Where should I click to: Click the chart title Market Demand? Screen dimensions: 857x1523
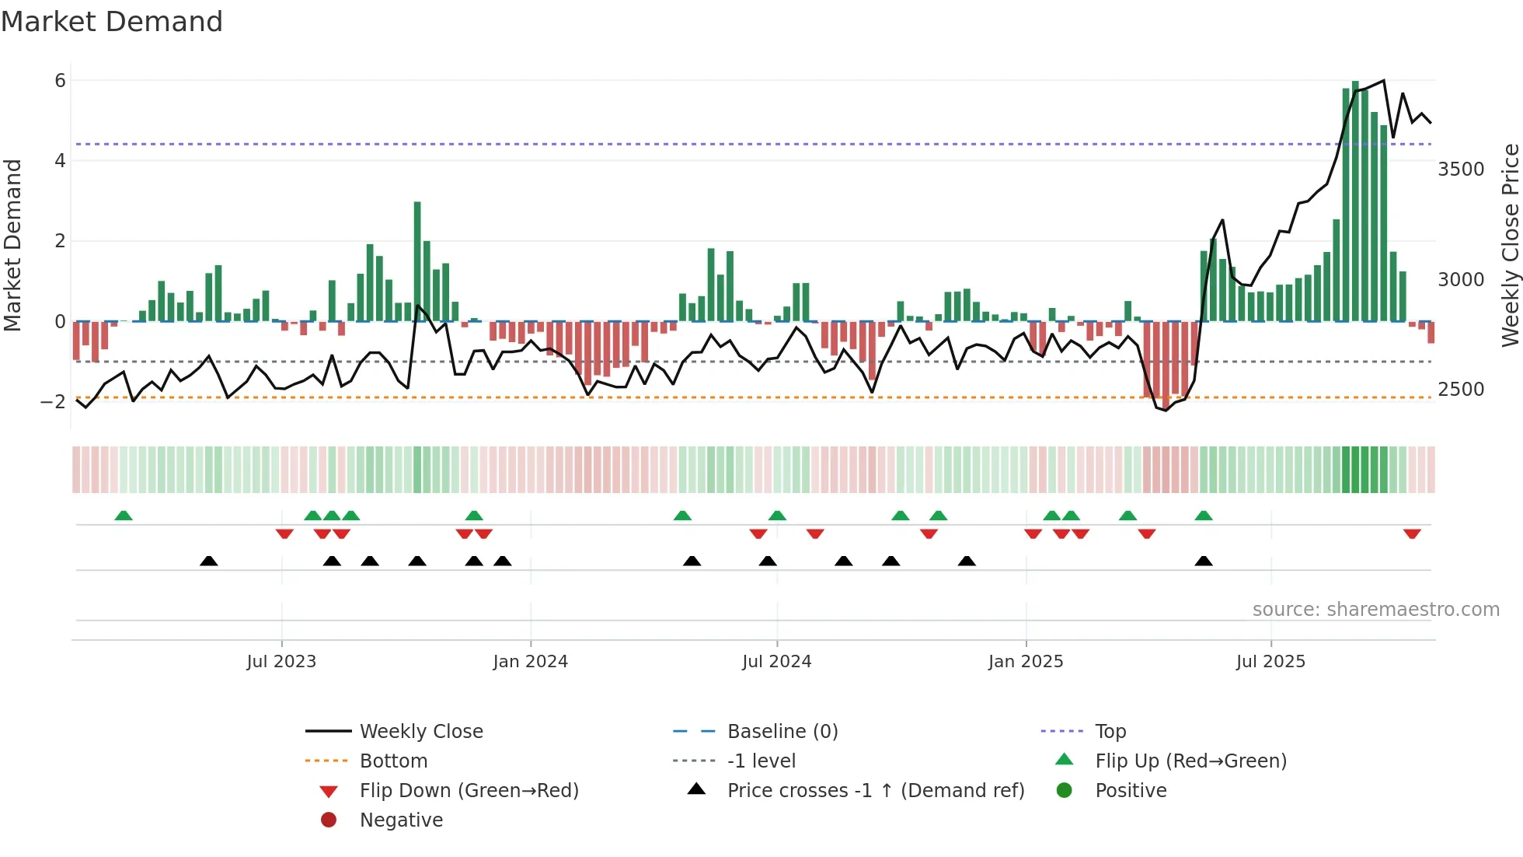112,22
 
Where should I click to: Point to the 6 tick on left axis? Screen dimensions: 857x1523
60,81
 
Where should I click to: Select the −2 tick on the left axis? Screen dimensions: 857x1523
54,402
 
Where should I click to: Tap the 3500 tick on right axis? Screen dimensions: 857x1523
1461,170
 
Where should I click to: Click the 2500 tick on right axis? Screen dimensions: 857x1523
1461,390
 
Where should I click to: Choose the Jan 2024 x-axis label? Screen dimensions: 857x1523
530,662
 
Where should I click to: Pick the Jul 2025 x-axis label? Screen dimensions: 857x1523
1270,662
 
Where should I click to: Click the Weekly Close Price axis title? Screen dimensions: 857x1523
1510,245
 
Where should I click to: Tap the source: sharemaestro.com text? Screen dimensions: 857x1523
1375,610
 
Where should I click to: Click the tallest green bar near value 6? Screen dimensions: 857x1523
1355,201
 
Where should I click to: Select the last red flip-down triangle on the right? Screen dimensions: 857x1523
1412,533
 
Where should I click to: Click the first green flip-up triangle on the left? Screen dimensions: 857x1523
124,516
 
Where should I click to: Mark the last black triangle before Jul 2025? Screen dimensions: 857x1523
1204,561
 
